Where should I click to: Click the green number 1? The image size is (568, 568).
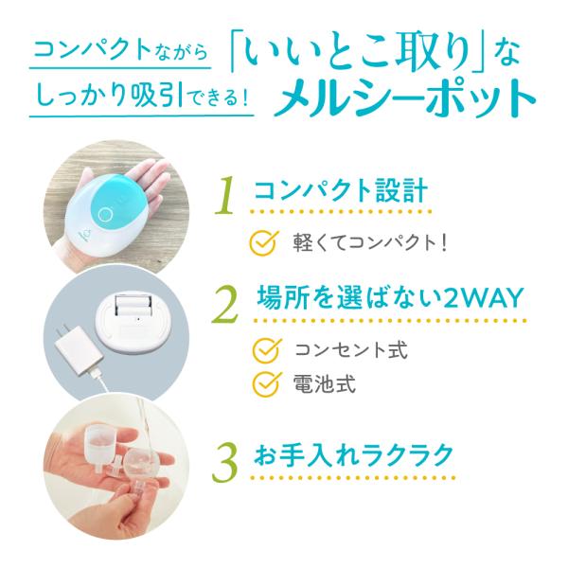224,195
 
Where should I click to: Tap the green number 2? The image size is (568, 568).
225,305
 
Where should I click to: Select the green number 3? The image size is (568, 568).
225,463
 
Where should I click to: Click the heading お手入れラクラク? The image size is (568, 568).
353,455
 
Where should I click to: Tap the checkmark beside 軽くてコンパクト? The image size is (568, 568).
264,242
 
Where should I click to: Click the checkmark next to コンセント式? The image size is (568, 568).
267,349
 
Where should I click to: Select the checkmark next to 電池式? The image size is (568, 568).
267,383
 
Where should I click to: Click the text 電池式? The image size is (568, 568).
324,383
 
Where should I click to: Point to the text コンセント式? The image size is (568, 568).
351,349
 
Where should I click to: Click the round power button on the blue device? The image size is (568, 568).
106,213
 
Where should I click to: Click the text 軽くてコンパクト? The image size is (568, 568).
369,242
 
